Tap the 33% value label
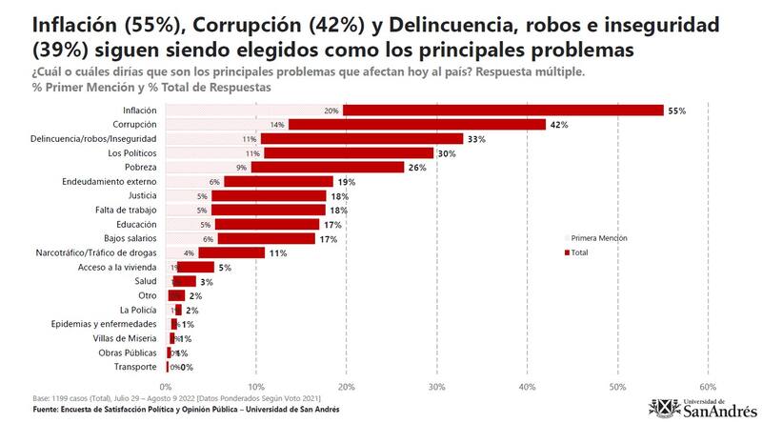coord(476,139)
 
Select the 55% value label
coord(676,111)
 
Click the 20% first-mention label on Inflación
coord(331,111)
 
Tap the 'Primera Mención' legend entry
coord(598,238)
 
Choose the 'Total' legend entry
coord(580,252)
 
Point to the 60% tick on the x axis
coord(708,387)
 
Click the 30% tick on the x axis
coord(437,387)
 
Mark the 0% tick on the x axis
coord(166,387)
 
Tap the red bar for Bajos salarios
coord(266,238)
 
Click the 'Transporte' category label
coord(135,367)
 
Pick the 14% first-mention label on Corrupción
coord(278,125)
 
